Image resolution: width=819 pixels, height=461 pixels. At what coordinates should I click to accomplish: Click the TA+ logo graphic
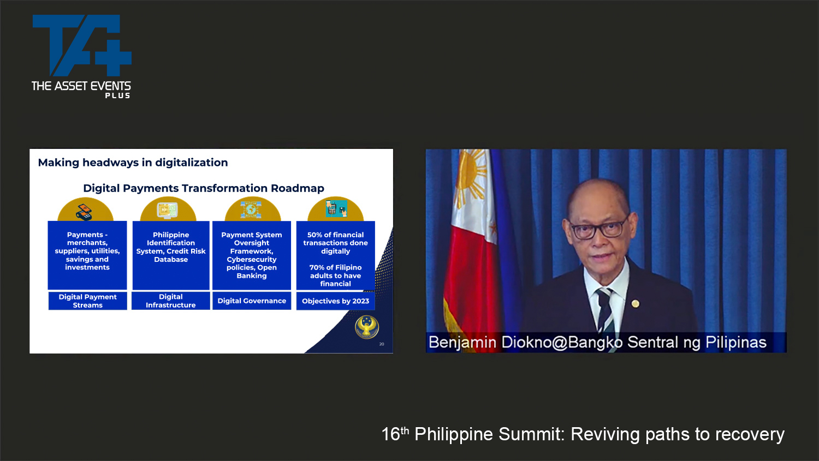(82, 45)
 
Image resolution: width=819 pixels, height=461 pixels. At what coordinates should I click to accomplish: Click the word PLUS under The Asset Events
(118, 95)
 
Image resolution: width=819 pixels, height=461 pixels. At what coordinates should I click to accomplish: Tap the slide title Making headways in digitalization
(133, 163)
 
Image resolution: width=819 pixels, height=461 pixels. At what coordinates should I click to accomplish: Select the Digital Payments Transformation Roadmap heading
(204, 188)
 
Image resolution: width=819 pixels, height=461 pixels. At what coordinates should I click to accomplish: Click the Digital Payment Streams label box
(88, 301)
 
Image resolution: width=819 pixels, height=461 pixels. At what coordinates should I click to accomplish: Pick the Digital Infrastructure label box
(171, 301)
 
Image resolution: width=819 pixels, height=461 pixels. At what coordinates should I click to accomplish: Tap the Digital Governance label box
(252, 301)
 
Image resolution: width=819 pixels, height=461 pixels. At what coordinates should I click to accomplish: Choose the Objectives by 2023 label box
(336, 301)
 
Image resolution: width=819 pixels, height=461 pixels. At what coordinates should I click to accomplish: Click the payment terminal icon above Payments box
(85, 212)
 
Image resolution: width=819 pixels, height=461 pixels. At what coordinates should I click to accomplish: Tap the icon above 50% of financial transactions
(336, 208)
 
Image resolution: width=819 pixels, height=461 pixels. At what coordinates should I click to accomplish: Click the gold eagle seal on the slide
(367, 327)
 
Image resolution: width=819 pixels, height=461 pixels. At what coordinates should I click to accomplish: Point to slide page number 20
(382, 344)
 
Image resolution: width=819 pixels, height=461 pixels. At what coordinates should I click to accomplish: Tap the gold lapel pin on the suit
(636, 303)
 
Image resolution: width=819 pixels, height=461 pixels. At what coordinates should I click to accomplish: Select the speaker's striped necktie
(605, 310)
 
